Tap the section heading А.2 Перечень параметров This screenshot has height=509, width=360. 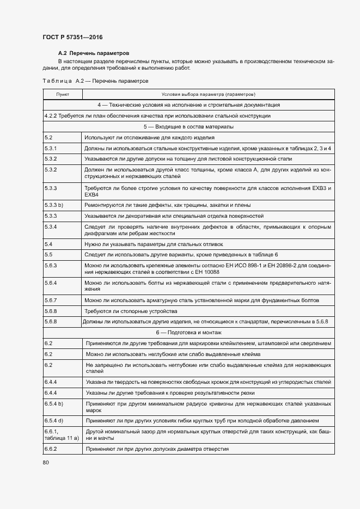[93, 53]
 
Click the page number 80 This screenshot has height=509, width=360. [45, 462]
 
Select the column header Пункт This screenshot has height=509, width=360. [63, 94]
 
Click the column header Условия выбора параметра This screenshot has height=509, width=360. [208, 94]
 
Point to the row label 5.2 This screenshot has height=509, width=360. [48, 138]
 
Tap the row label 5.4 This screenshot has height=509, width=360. [48, 244]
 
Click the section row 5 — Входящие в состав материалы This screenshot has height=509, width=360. [188, 126]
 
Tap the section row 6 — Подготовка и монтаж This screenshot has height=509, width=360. [188, 332]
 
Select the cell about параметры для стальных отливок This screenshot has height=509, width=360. [154, 244]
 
